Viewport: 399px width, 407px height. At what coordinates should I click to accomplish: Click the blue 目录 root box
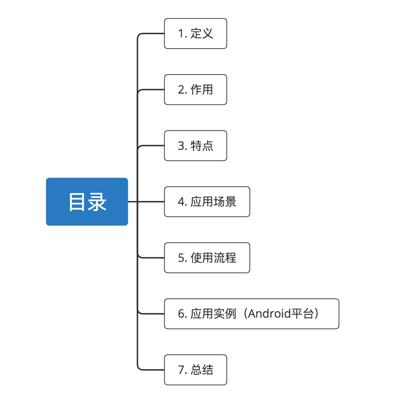(x=87, y=201)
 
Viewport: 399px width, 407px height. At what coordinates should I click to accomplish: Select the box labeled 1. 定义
(x=196, y=33)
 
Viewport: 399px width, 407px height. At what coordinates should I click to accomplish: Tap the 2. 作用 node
(x=196, y=90)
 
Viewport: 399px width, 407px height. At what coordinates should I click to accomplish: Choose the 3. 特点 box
(x=196, y=146)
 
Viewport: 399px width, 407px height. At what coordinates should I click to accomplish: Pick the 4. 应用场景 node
(x=207, y=202)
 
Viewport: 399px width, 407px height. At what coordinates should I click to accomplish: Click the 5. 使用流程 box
(x=207, y=258)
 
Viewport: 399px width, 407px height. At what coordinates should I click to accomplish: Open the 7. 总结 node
(x=196, y=370)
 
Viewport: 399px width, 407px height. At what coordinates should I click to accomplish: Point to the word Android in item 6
(x=269, y=314)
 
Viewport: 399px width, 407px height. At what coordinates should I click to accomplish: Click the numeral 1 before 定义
(x=181, y=33)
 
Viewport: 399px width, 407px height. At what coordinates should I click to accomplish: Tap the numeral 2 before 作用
(x=181, y=90)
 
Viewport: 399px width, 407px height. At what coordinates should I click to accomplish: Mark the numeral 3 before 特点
(x=181, y=146)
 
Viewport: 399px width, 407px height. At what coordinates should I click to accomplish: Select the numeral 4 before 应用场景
(x=181, y=202)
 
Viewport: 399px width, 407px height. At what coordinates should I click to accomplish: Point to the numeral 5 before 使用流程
(x=181, y=258)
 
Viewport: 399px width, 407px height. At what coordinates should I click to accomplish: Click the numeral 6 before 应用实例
(x=181, y=314)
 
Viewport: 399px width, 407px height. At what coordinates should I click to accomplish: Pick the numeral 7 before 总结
(x=181, y=370)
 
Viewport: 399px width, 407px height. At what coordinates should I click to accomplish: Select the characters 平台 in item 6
(x=302, y=314)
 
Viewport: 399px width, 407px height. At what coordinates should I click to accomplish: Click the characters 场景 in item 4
(x=225, y=202)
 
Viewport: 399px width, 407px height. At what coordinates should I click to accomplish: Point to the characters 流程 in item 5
(x=225, y=258)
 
